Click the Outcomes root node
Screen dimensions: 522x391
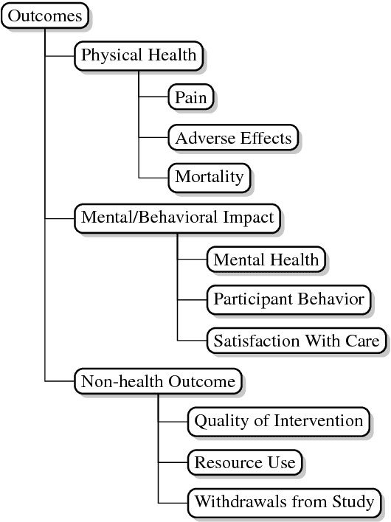point(45,15)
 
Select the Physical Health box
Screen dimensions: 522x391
point(139,55)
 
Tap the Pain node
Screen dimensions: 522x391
point(191,96)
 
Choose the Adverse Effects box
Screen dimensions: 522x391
point(233,137)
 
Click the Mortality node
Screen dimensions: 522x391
point(209,177)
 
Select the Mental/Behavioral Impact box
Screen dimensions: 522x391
point(177,218)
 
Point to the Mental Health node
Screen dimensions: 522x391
point(266,259)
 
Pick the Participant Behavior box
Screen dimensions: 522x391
point(288,299)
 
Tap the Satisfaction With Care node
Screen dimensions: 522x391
point(296,341)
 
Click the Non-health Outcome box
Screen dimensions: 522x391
point(158,381)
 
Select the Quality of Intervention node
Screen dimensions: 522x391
point(278,422)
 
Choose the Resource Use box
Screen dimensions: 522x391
point(244,462)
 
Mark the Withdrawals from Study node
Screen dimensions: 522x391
point(284,503)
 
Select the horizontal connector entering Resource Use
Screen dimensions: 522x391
point(173,462)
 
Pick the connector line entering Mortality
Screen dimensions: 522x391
point(153,178)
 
